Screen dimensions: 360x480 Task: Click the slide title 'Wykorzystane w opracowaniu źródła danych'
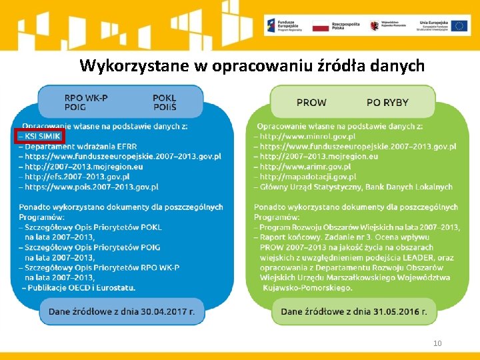click(x=251, y=66)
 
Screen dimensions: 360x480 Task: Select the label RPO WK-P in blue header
click(x=86, y=97)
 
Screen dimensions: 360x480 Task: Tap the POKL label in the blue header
click(x=164, y=97)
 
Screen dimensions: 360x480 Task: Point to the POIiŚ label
click(x=164, y=107)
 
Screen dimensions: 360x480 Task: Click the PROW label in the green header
click(x=311, y=102)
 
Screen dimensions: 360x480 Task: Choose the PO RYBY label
click(x=387, y=102)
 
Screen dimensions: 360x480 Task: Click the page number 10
click(x=437, y=343)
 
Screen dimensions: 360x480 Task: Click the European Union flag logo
click(x=459, y=26)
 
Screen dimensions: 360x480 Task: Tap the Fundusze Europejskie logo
click(x=284, y=26)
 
